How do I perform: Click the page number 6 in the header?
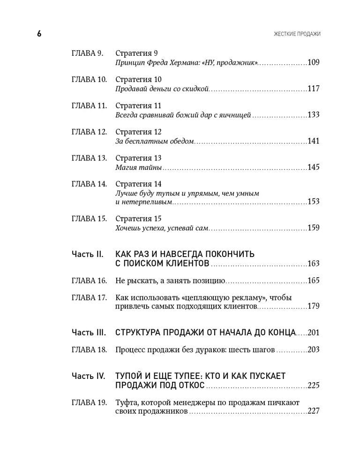tap(39, 33)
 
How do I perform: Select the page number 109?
tap(314, 62)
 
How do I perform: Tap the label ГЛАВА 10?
tap(89, 79)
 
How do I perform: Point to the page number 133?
tap(314, 114)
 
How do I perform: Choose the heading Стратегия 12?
tap(138, 132)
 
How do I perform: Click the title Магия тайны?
tap(138, 167)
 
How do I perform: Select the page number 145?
tap(314, 167)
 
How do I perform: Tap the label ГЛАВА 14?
tap(89, 184)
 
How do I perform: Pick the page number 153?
tap(314, 202)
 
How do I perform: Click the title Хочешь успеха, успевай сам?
tap(161, 228)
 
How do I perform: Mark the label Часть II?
tap(87, 254)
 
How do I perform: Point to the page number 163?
tap(314, 264)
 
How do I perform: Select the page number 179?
tap(314, 307)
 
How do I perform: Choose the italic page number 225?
tap(314, 386)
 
